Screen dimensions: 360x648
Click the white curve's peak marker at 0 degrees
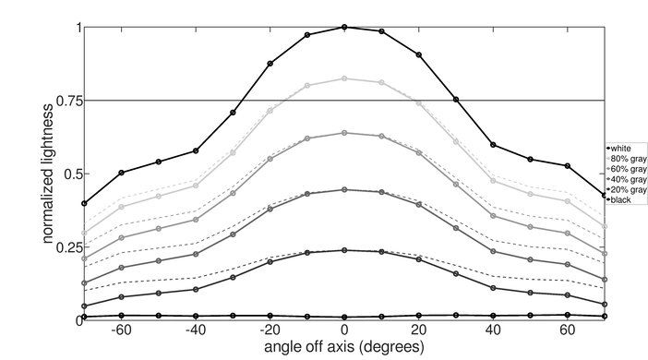click(344, 27)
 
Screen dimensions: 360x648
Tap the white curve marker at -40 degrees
click(196, 150)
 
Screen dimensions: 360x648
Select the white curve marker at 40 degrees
click(493, 145)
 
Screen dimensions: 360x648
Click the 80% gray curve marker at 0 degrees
click(344, 78)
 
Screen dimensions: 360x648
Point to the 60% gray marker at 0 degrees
click(344, 133)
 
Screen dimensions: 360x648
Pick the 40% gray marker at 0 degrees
click(344, 190)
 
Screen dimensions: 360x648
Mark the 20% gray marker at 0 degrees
click(344, 250)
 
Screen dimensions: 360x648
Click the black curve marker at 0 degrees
click(344, 317)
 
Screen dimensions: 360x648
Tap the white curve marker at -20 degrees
click(270, 64)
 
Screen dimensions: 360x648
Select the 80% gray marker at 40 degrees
click(493, 181)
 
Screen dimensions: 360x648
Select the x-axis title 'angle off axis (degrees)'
click(344, 347)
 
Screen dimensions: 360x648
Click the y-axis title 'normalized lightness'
click(45, 173)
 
